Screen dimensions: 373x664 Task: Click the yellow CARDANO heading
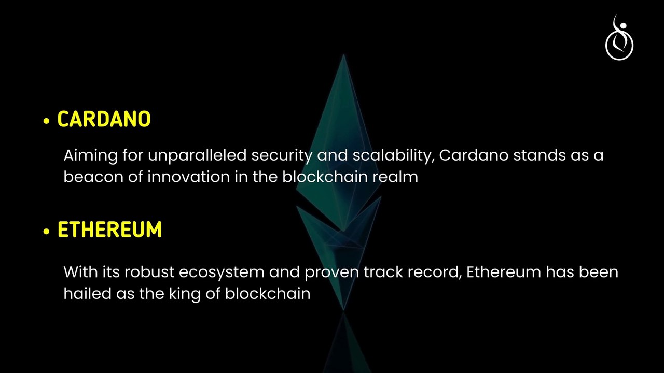(x=104, y=120)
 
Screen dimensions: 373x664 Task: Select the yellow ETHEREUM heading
(x=109, y=230)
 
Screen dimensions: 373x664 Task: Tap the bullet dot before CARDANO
(x=47, y=121)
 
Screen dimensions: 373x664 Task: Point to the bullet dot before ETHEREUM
(x=47, y=232)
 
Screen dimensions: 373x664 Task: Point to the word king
(x=182, y=294)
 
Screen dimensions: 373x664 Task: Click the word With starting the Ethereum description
(x=78, y=272)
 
